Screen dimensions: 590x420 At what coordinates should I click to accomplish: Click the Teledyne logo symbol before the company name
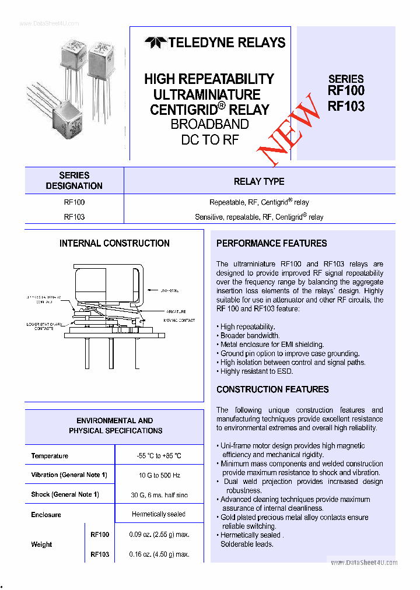click(x=155, y=43)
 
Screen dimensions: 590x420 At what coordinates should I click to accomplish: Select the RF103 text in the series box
click(x=346, y=106)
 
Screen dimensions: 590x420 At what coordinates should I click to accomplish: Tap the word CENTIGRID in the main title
click(x=184, y=110)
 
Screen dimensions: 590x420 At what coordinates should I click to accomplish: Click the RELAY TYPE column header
click(x=259, y=181)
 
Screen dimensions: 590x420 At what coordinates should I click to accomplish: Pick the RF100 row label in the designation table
click(x=74, y=202)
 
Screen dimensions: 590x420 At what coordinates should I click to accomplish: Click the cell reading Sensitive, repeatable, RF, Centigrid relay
click(x=259, y=217)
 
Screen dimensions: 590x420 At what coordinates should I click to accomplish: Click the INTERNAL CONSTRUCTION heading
click(x=114, y=243)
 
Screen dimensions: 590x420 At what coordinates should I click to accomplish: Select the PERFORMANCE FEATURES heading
click(x=271, y=243)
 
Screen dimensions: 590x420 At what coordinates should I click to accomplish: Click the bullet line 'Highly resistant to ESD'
click(x=256, y=371)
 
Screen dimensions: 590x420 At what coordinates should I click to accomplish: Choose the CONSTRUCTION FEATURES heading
click(x=272, y=389)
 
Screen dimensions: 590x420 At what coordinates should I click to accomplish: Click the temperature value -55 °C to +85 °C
click(x=159, y=456)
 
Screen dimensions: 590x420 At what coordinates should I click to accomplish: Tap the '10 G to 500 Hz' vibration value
click(x=159, y=475)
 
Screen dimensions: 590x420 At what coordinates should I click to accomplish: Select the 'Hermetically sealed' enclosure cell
click(x=159, y=514)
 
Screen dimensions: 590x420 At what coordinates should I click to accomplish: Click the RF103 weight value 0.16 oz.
click(x=159, y=554)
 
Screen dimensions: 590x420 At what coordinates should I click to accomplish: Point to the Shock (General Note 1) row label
click(x=65, y=494)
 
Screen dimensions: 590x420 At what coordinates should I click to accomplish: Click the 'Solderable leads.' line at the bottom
click(x=247, y=544)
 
